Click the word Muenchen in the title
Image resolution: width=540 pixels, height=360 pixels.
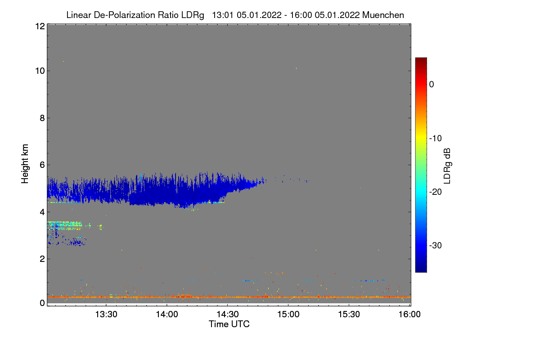(x=383, y=15)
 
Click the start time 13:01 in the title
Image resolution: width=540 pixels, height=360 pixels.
(x=222, y=15)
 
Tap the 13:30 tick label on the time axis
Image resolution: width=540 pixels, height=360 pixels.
(x=106, y=315)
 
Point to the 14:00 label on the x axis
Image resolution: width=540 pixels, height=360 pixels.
(x=167, y=315)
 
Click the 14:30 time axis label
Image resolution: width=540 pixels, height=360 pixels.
(x=228, y=315)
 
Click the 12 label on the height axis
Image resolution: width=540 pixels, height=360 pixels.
(x=39, y=26)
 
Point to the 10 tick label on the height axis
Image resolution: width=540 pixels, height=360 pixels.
(x=39, y=71)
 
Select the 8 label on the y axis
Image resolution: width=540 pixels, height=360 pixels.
(x=42, y=118)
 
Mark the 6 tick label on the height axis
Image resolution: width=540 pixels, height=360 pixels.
(x=42, y=165)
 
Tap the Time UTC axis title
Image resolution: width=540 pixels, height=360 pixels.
(x=229, y=324)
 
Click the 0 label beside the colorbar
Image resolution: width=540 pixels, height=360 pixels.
(x=431, y=84)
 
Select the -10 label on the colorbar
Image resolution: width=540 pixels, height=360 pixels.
(x=435, y=138)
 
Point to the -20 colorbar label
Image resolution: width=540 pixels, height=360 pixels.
(x=435, y=192)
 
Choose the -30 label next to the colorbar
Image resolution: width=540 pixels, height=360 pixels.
(x=435, y=245)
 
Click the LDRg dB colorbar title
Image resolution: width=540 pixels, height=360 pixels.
(x=448, y=165)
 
